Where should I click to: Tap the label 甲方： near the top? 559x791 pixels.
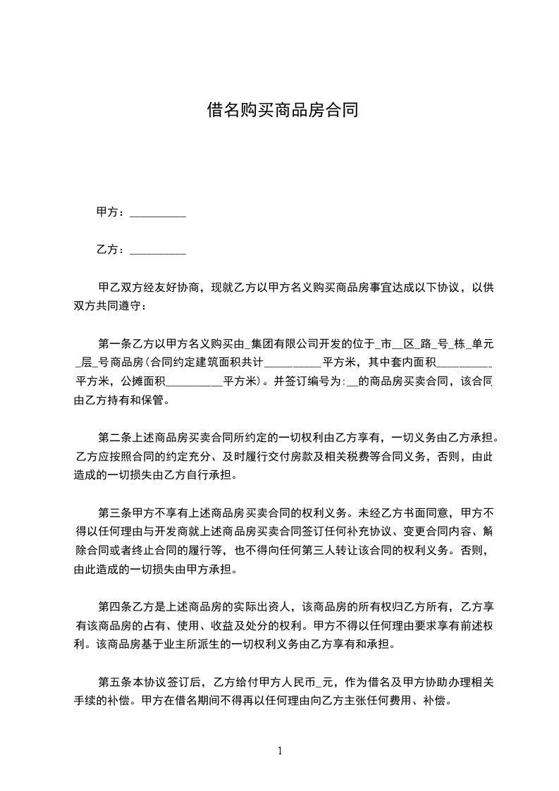[111, 211]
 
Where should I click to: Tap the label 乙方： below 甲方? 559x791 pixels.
[111, 250]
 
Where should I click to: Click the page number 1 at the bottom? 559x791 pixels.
[280, 750]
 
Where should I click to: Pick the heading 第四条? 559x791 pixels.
[113, 606]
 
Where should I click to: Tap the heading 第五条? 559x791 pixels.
[113, 681]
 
